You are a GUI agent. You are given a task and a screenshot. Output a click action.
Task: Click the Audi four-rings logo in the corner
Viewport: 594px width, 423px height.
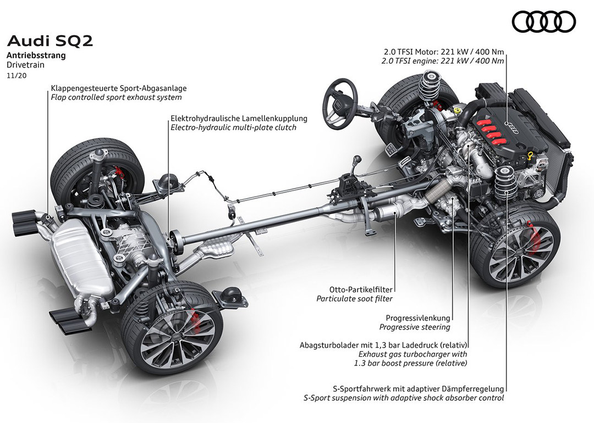(543, 22)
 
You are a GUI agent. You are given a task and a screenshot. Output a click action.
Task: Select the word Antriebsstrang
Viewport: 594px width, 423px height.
(36, 55)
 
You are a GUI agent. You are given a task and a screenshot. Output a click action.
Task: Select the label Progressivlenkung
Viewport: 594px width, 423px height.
(418, 318)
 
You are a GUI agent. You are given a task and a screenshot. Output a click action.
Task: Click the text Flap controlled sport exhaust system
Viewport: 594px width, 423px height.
(116, 97)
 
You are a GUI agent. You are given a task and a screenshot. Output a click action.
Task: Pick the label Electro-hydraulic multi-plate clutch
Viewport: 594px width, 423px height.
(233, 127)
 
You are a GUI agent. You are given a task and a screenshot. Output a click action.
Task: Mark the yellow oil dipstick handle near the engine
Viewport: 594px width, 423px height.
(531, 156)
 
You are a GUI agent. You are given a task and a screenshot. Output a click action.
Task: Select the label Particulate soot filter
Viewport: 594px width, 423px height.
(355, 299)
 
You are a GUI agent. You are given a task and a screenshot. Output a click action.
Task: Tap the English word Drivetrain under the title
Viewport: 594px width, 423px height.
(26, 64)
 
